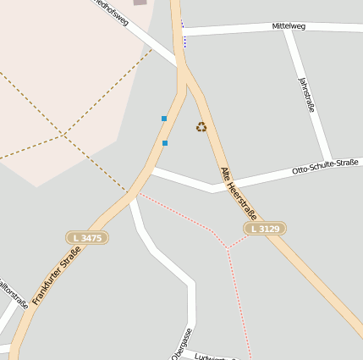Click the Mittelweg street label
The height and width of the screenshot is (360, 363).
288,26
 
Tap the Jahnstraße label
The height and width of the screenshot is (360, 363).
306,95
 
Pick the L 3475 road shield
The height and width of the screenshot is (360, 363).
87,238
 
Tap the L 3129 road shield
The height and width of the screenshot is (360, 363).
265,229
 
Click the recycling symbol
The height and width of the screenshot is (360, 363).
201,127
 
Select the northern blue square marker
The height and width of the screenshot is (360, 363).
164,119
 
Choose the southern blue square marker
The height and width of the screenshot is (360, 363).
164,143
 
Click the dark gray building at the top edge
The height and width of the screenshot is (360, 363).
140,3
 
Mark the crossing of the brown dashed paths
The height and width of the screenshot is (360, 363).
63,135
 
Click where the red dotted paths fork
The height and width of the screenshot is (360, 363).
227,249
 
